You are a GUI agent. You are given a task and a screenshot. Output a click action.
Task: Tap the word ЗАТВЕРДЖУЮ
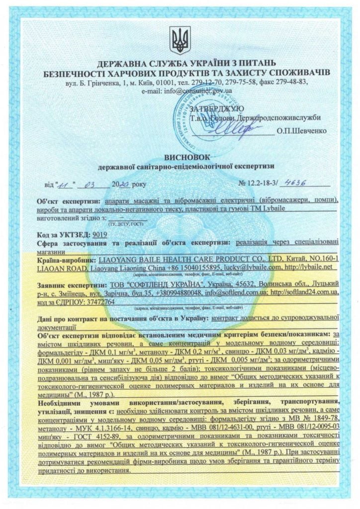point(217,108)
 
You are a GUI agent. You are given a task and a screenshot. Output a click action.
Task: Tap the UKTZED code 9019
point(99,233)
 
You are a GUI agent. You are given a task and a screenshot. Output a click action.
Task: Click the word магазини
point(52,251)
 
